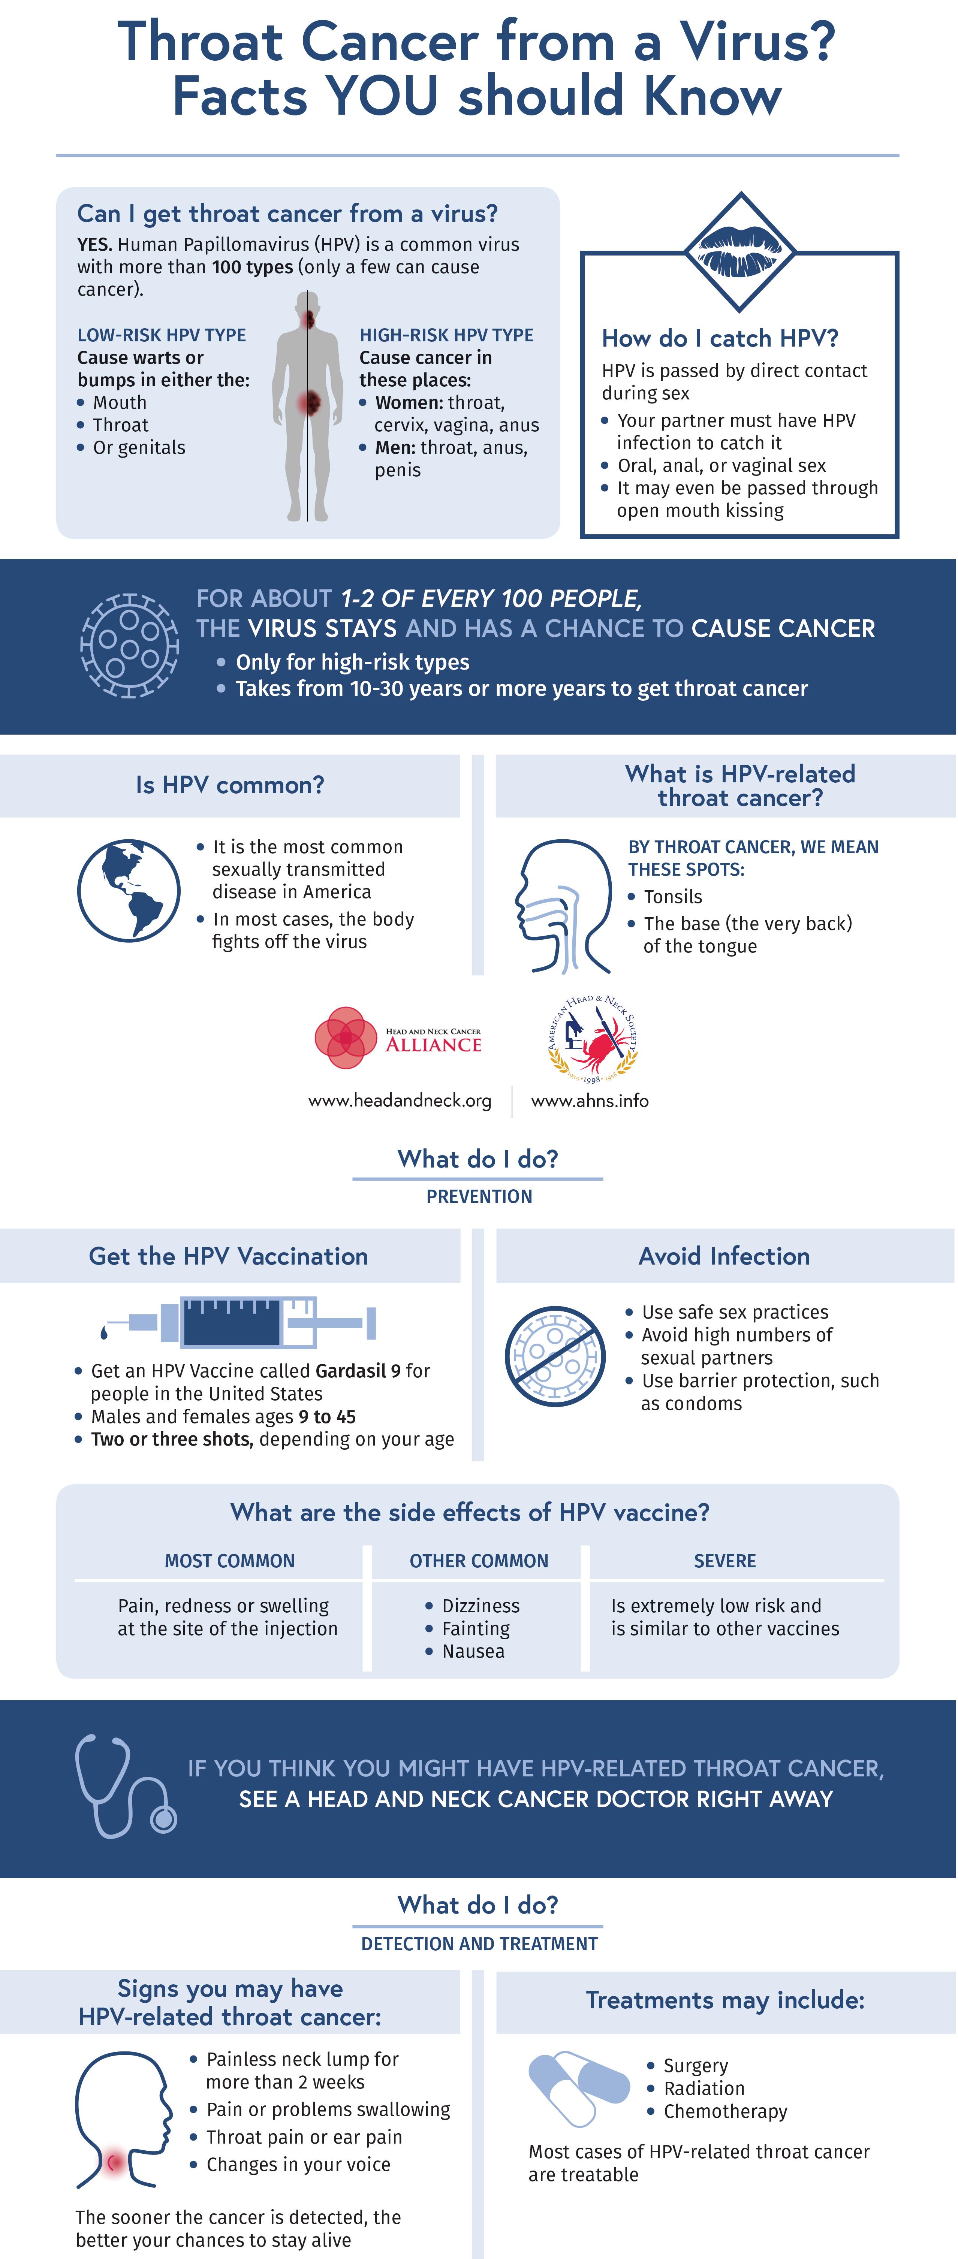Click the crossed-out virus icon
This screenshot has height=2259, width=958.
(x=554, y=1356)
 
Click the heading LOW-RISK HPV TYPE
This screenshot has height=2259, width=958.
(x=162, y=335)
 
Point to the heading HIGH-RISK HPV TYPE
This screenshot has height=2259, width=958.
(x=446, y=335)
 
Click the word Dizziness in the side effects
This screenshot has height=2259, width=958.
(x=480, y=1606)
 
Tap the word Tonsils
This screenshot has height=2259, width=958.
(x=673, y=896)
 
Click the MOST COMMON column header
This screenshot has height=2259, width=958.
(x=230, y=1561)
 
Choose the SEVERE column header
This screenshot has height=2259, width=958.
(x=724, y=1561)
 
